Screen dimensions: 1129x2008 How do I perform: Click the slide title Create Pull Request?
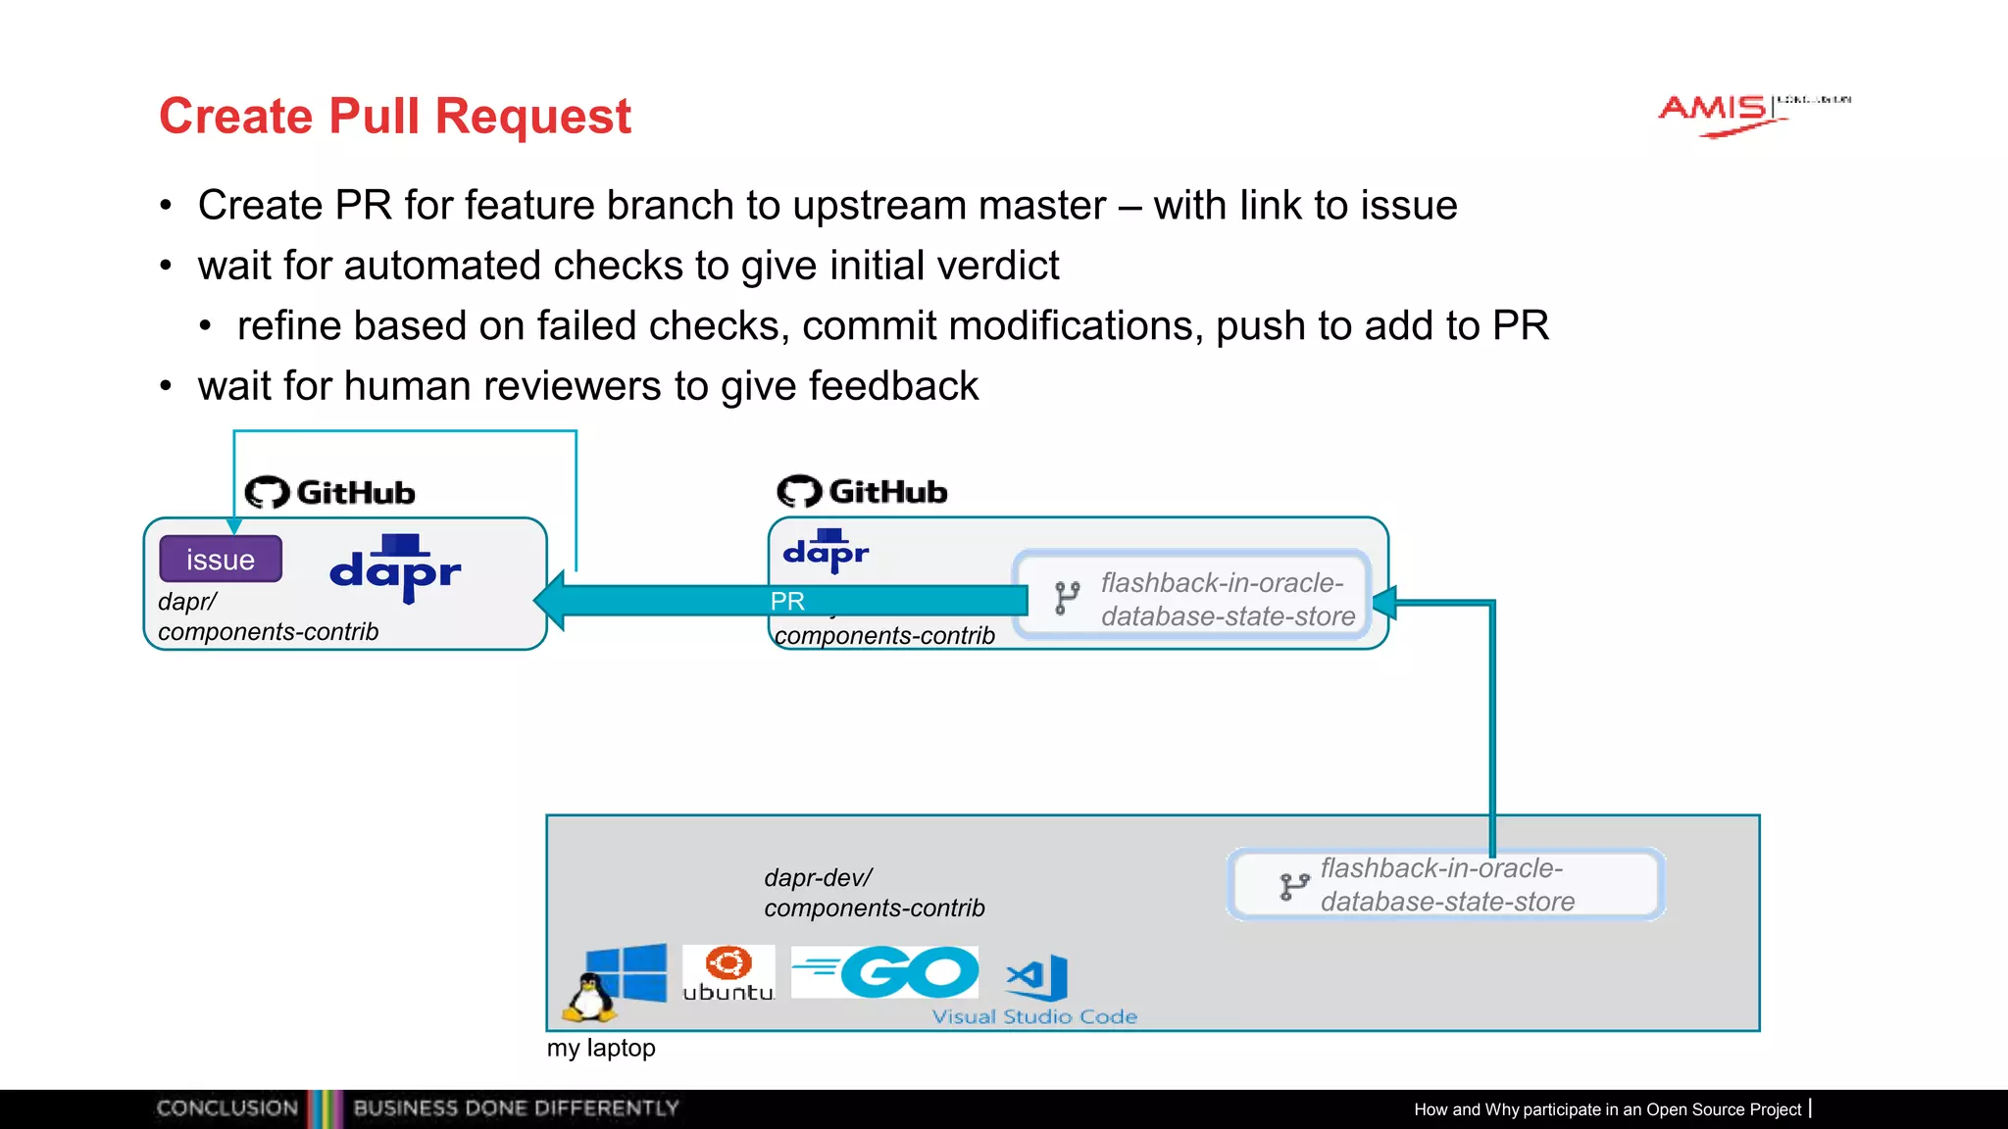(394, 117)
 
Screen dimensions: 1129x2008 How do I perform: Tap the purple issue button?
(221, 560)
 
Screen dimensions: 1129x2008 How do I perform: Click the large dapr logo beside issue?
(395, 569)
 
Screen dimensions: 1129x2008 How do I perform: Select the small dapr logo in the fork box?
(826, 552)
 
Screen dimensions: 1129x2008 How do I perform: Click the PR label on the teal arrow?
(787, 601)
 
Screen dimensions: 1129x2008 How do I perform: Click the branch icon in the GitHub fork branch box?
(1067, 598)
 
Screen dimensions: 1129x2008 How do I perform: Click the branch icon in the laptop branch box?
(1293, 886)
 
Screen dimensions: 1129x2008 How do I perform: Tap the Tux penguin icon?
(589, 999)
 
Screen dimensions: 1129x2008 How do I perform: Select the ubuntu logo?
(728, 973)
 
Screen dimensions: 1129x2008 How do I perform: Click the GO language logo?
(885, 972)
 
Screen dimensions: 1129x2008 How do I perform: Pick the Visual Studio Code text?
(1034, 1017)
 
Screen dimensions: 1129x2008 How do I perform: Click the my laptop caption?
(601, 1048)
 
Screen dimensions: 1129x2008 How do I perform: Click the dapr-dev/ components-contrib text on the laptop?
(874, 893)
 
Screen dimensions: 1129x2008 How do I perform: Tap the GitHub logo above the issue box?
(330, 492)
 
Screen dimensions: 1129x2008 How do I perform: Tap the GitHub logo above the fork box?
(863, 491)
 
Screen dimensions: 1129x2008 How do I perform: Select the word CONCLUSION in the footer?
(227, 1108)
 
